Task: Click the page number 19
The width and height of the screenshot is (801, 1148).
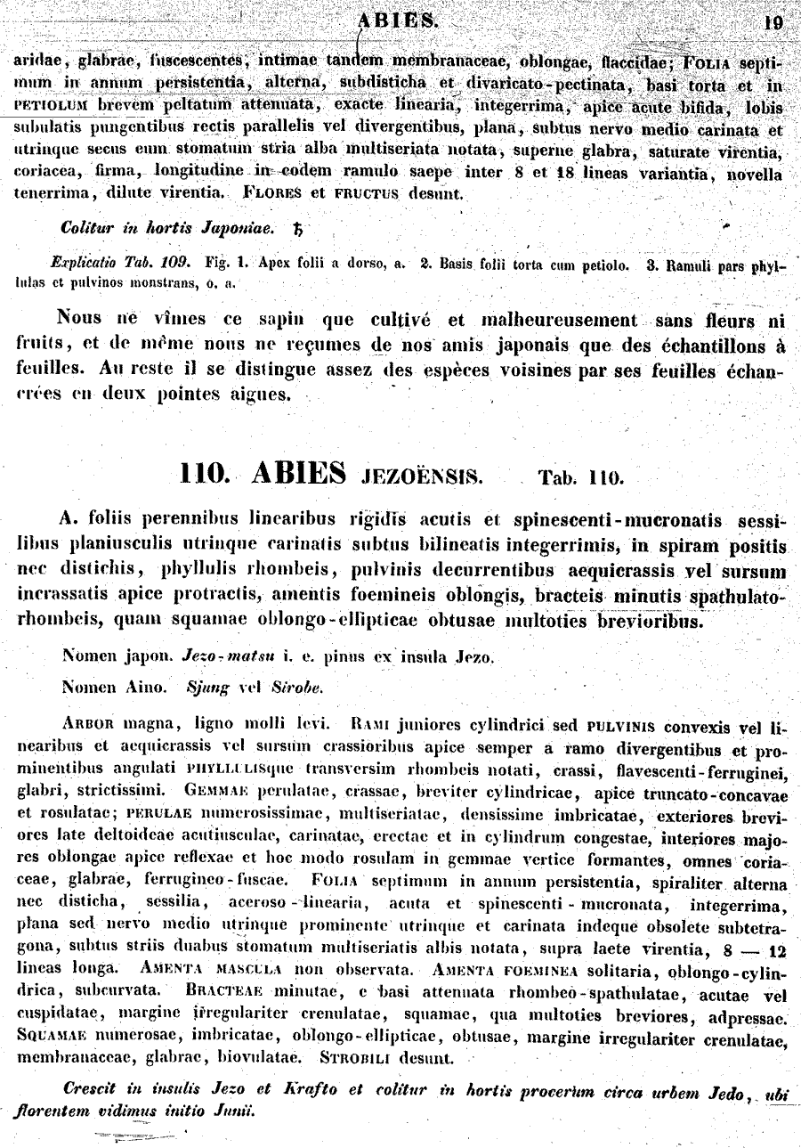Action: [x=773, y=23]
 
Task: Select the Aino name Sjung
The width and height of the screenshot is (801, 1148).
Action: [x=206, y=687]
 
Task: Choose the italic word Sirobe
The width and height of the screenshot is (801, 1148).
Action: [x=297, y=687]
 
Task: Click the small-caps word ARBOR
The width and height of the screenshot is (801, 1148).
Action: [x=93, y=721]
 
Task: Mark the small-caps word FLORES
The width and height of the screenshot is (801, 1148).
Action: [x=272, y=192]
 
